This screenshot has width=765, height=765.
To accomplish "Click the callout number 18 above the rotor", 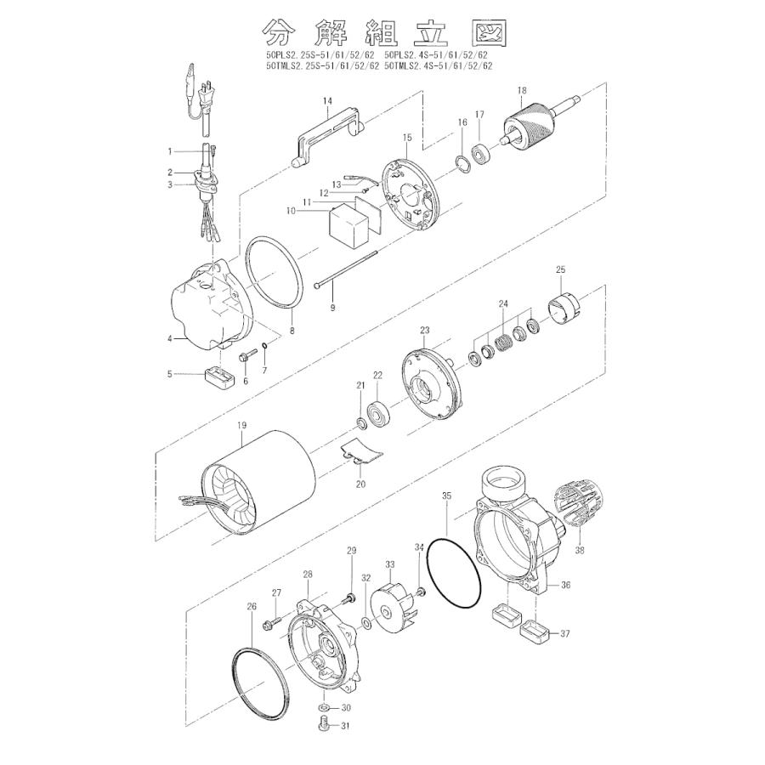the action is pos(522,90).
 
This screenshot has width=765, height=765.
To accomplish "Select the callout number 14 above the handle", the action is pos(327,101).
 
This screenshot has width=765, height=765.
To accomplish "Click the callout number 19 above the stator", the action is pos(242,426).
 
